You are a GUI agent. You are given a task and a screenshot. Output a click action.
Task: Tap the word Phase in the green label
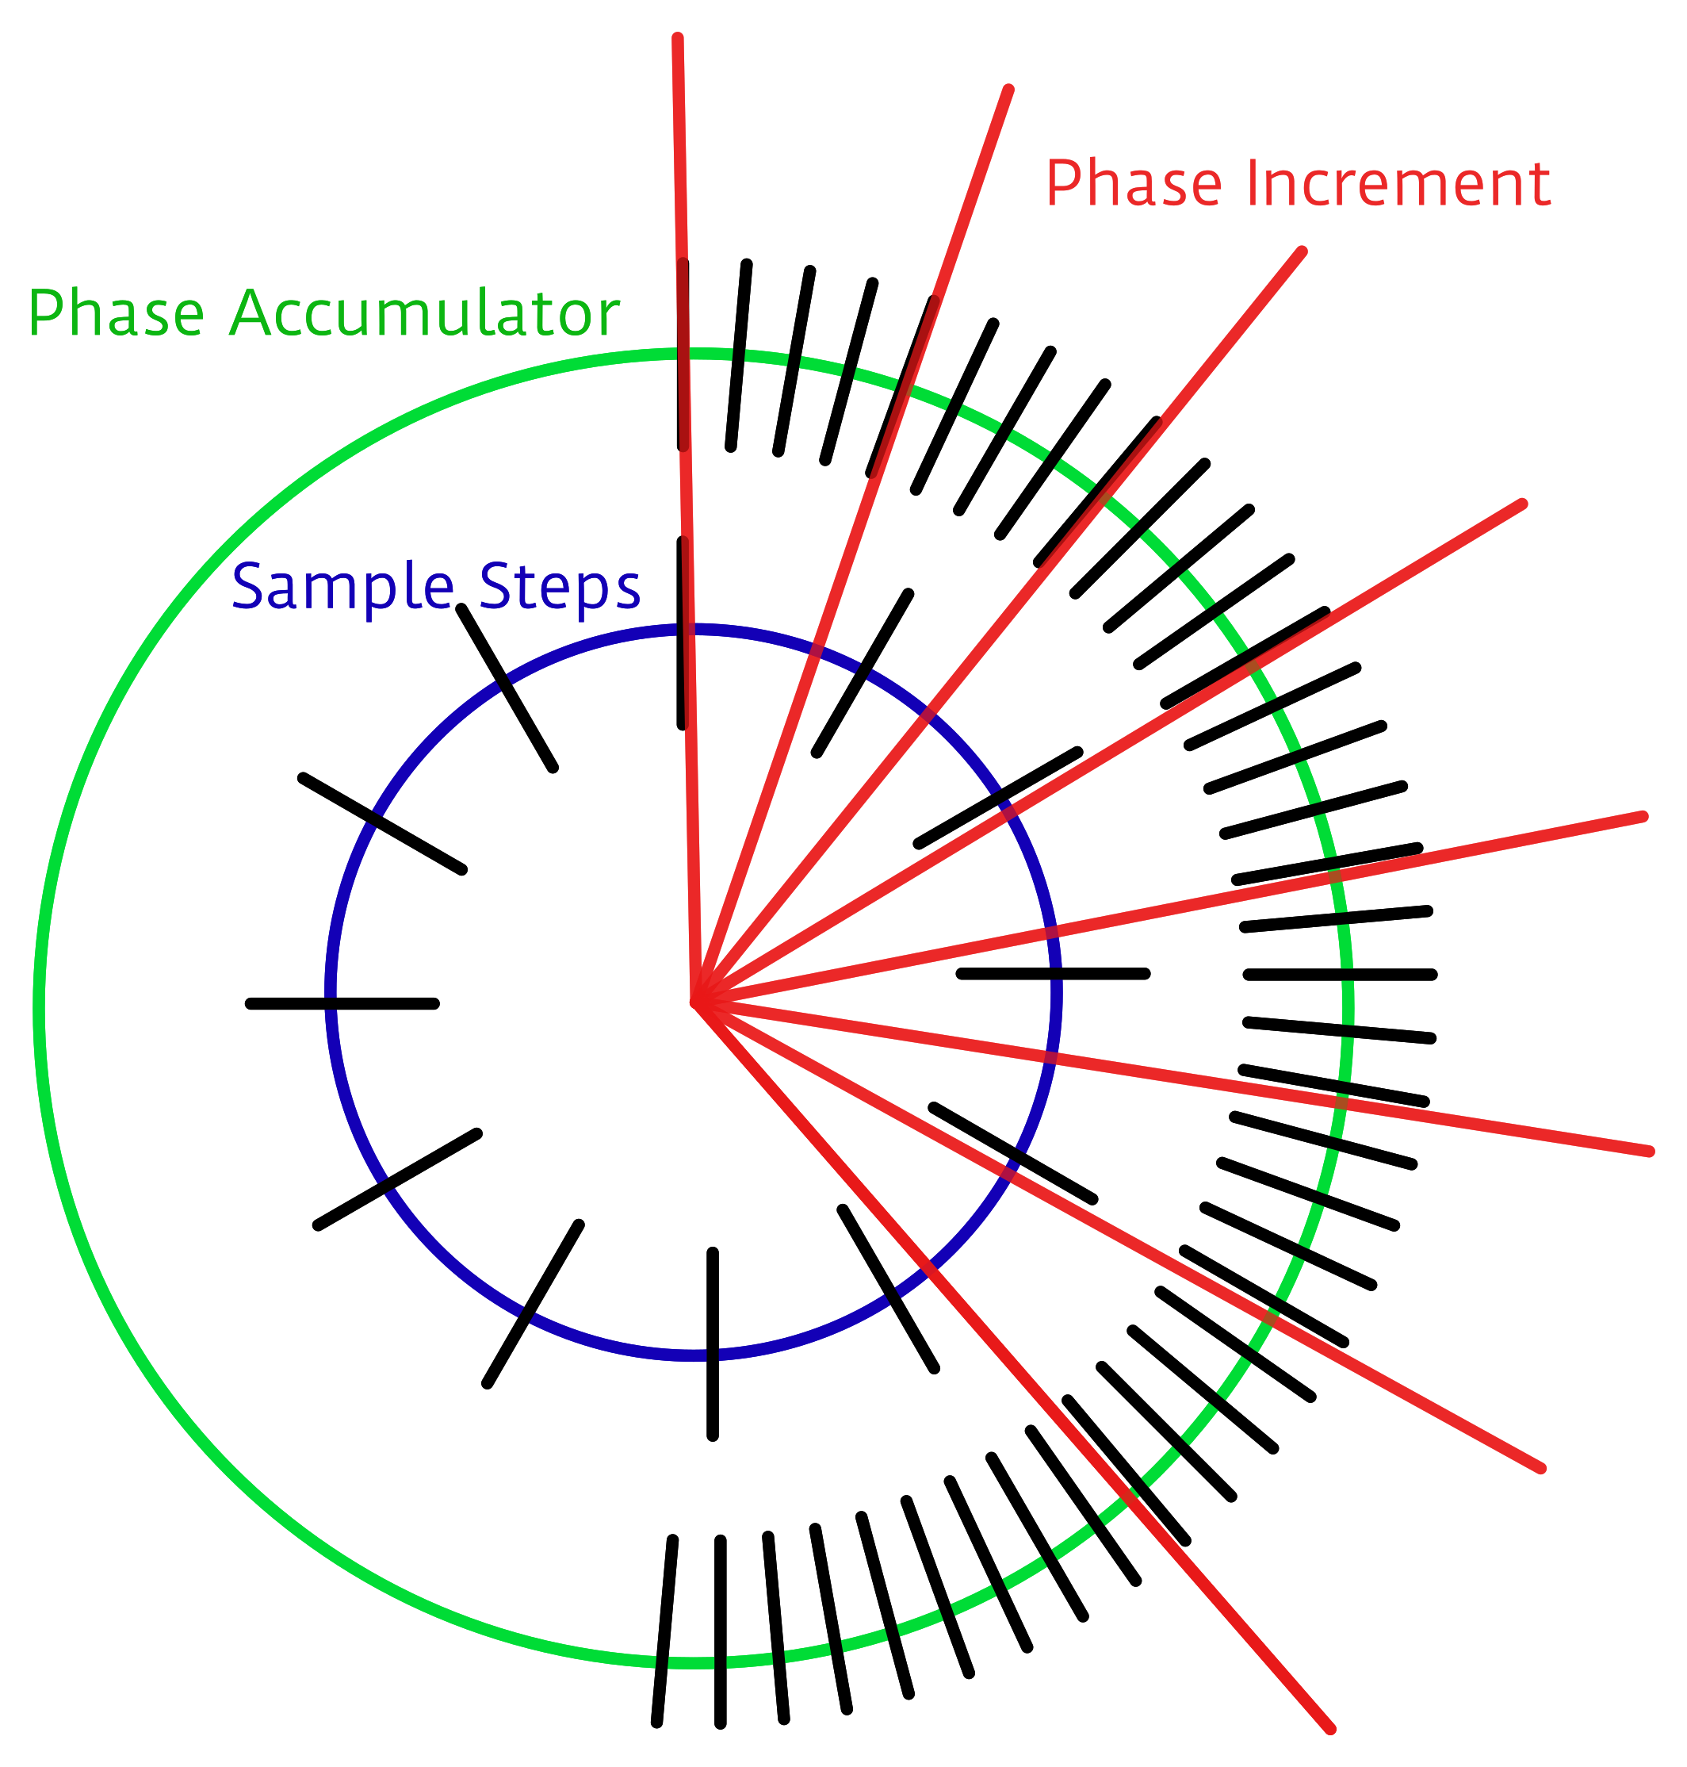[116, 314]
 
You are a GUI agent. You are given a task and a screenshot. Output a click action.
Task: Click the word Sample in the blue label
[342, 587]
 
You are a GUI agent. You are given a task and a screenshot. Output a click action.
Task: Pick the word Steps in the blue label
[560, 587]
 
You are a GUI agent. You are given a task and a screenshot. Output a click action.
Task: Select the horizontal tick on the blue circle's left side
[342, 1003]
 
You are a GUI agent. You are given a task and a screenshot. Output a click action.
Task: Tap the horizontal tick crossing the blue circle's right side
[1053, 973]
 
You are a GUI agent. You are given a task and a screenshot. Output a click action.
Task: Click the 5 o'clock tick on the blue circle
[889, 1288]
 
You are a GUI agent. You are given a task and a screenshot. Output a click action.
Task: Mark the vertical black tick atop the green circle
[683, 355]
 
